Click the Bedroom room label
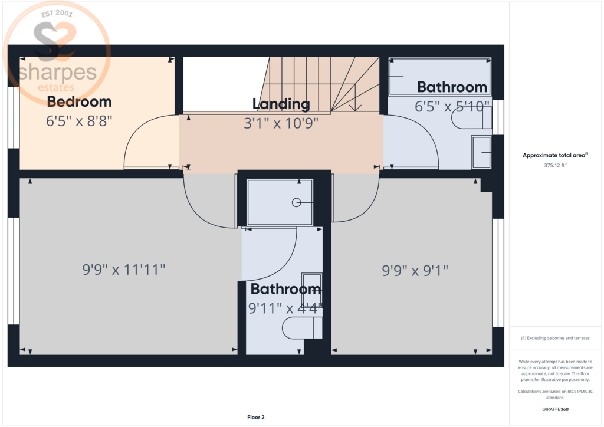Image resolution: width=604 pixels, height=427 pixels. point(80,102)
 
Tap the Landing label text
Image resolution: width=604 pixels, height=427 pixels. point(281,104)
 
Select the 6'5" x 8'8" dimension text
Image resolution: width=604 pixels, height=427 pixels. point(79,121)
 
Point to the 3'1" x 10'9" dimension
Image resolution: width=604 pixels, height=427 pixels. point(281,123)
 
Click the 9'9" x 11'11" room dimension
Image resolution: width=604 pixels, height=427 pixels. point(124,270)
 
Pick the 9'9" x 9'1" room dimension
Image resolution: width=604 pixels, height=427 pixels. point(415,271)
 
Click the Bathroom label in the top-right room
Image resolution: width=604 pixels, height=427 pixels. point(452,87)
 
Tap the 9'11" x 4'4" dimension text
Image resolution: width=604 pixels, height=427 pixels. point(285,308)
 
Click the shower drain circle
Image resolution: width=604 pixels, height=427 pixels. point(296,202)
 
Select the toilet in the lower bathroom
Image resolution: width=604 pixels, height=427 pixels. point(302,328)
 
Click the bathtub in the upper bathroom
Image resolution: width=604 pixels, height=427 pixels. point(439,76)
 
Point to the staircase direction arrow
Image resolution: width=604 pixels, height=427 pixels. point(354,97)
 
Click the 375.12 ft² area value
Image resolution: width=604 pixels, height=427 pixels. point(555,165)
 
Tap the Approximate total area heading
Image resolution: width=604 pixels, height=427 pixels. point(555,155)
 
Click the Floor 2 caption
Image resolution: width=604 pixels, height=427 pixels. point(256,417)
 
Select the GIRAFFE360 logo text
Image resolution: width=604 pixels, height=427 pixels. point(555,409)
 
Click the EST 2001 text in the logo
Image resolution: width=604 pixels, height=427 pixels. point(57,14)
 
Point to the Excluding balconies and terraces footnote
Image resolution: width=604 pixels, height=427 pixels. point(555,338)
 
